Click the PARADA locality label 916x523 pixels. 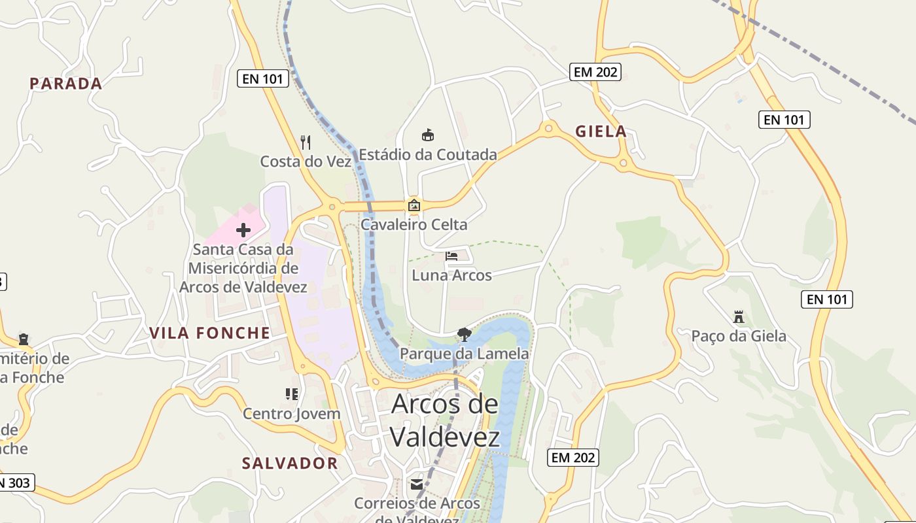click(x=66, y=84)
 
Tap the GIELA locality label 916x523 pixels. click(x=601, y=131)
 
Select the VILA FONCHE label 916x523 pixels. click(x=209, y=333)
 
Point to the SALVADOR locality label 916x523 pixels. click(x=290, y=464)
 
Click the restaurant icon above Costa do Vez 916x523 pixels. click(x=305, y=142)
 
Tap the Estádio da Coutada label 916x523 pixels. click(x=428, y=155)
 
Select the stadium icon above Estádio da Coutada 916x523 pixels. click(x=428, y=135)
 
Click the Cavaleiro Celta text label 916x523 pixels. click(x=414, y=225)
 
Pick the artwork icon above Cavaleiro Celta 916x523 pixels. click(x=414, y=205)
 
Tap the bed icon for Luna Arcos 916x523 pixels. click(x=451, y=256)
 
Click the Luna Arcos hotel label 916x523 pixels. click(x=451, y=275)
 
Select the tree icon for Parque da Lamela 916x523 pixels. click(x=465, y=335)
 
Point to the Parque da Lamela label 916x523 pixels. click(x=464, y=354)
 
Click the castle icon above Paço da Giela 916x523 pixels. click(x=739, y=317)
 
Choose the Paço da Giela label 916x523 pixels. click(x=739, y=337)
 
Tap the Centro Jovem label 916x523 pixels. click(x=292, y=414)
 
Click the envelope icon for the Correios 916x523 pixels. click(x=417, y=484)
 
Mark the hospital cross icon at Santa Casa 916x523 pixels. click(x=243, y=230)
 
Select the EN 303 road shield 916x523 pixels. click(x=14, y=483)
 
